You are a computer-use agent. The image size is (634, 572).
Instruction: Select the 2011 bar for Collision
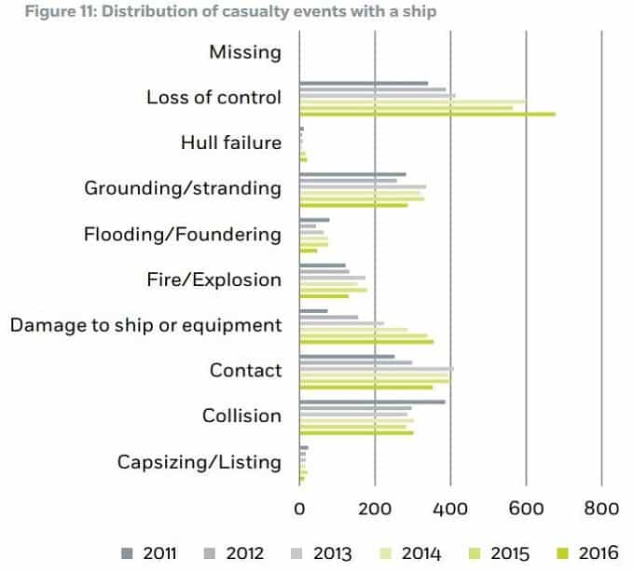click(372, 402)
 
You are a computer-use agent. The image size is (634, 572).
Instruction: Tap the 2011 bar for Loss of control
click(364, 83)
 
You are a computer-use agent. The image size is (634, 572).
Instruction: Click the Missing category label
click(244, 52)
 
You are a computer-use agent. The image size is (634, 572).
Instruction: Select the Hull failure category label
click(231, 143)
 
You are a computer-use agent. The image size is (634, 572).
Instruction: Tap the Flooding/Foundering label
click(182, 234)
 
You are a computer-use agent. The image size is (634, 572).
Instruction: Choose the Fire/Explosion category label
click(214, 279)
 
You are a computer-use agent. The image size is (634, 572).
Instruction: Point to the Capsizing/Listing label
click(199, 462)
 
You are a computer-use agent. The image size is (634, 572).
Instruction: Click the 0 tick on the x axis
click(299, 510)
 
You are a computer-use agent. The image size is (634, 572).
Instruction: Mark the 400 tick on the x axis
click(450, 510)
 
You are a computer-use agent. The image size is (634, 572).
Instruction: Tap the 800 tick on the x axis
click(601, 510)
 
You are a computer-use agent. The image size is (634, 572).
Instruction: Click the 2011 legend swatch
click(127, 553)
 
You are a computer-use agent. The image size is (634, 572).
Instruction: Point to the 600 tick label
click(526, 510)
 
